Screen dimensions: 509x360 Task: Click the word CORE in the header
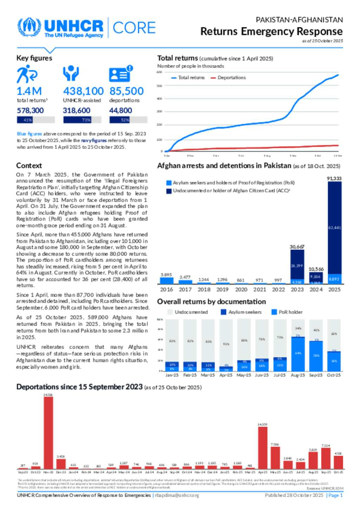(134, 28)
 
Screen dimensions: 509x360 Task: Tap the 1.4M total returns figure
(29, 91)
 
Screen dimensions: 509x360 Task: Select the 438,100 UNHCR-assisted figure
(83, 91)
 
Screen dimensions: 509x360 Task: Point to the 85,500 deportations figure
(127, 91)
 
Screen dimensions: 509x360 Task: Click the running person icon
(26, 74)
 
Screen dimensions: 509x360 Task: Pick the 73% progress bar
(82, 120)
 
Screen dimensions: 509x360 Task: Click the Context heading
(29, 166)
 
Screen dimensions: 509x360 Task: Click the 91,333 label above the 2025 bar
(334, 178)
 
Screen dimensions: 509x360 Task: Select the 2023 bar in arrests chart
(297, 267)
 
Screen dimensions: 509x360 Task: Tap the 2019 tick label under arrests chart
(222, 289)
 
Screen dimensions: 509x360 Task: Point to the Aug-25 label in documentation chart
(298, 375)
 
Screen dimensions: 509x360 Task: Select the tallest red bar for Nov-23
(48, 432)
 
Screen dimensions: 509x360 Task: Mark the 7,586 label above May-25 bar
(275, 444)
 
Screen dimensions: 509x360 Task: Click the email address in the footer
(177, 495)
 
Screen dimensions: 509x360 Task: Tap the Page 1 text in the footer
(335, 495)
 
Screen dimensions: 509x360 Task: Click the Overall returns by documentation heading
(211, 302)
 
